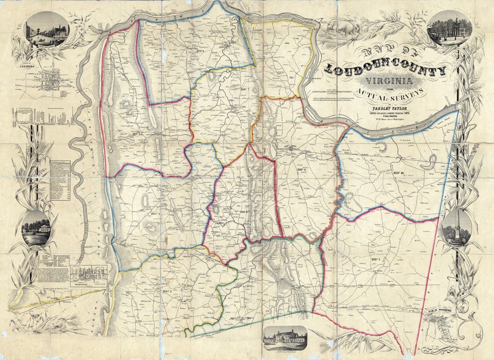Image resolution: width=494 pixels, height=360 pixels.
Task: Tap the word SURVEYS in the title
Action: click(408, 94)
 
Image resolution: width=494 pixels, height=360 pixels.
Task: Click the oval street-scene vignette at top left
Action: click(48, 31)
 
